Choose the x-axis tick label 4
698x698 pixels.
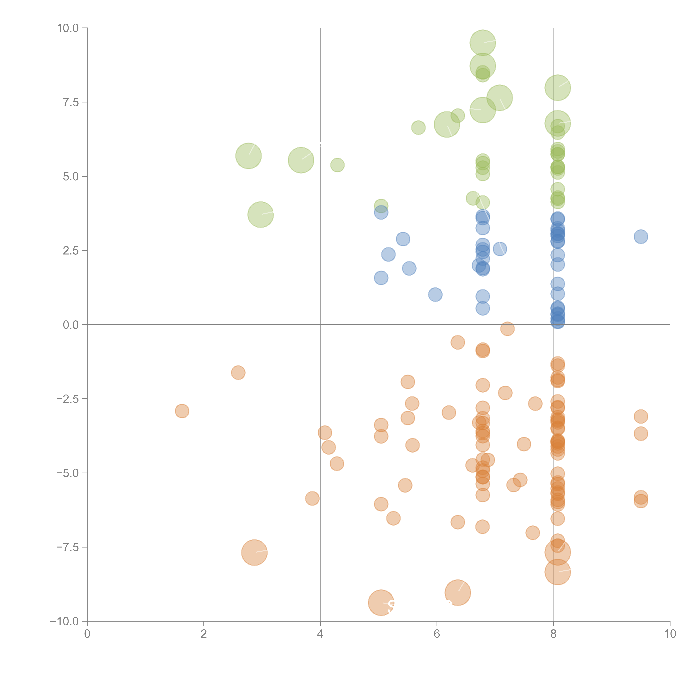coord(320,634)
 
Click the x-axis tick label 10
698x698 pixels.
coord(670,634)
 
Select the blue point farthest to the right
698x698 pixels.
coord(641,237)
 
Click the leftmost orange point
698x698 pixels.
coord(182,411)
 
